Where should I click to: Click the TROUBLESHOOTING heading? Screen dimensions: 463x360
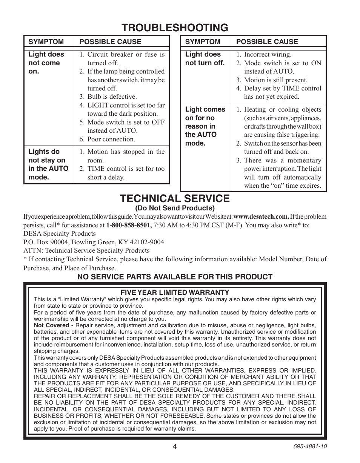coord(175,28)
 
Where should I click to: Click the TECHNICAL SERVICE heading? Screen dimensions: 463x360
coord(174,198)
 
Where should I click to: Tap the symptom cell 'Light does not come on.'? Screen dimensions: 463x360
coord(46,63)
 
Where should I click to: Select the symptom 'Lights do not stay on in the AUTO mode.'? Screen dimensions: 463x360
coord(48,164)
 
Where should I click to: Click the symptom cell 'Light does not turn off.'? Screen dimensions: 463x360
coord(205,58)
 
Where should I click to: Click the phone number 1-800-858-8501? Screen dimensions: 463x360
coord(129,225)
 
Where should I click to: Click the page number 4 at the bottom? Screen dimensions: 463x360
coord(175,446)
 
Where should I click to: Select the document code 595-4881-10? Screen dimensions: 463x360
coord(309,446)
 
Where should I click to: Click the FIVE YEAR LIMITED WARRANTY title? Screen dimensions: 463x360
coord(175,292)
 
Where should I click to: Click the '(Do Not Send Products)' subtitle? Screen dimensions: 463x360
coord(175,208)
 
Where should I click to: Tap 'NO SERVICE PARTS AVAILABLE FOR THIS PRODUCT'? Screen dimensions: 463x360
coord(175,277)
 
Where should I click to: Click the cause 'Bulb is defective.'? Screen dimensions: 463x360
coord(112,97)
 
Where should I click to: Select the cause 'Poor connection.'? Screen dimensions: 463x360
coord(111,139)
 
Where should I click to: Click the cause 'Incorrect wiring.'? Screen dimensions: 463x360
coord(268,55)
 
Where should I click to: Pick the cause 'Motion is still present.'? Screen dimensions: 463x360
coord(275,80)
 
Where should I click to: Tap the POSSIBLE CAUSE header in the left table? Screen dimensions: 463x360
coord(110,42)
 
